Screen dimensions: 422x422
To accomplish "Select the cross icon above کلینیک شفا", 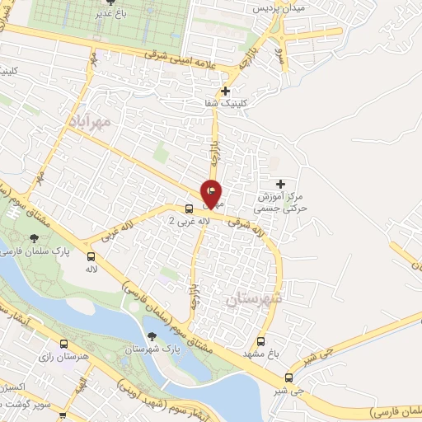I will [x=225, y=91].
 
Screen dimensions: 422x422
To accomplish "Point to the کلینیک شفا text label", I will [x=225, y=104].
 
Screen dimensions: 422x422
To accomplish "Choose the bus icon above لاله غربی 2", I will [x=190, y=209].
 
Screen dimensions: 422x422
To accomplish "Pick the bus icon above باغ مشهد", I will [x=261, y=341].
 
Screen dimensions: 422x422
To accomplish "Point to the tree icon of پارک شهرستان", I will [x=152, y=335].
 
